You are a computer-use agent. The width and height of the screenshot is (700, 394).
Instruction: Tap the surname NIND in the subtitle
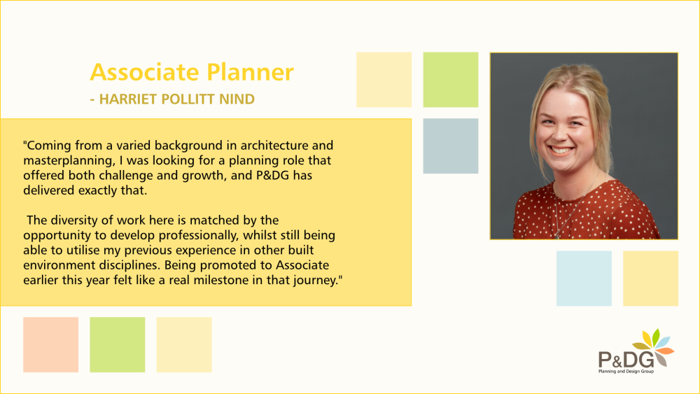[237, 99]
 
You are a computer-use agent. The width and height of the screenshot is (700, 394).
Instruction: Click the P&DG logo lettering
[626, 360]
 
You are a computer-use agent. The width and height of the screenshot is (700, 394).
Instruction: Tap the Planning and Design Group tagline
[626, 371]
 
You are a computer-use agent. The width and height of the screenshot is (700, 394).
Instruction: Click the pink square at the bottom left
[51, 344]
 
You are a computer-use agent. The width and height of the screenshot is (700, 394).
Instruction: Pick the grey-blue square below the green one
[450, 146]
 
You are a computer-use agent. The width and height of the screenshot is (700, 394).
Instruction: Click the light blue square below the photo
[584, 279]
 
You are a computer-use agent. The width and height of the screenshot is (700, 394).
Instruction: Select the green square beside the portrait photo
[450, 79]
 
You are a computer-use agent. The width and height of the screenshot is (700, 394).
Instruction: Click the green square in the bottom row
[118, 344]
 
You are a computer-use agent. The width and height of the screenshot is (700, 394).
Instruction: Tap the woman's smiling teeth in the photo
[561, 150]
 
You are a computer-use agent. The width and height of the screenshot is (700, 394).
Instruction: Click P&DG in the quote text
[273, 176]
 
